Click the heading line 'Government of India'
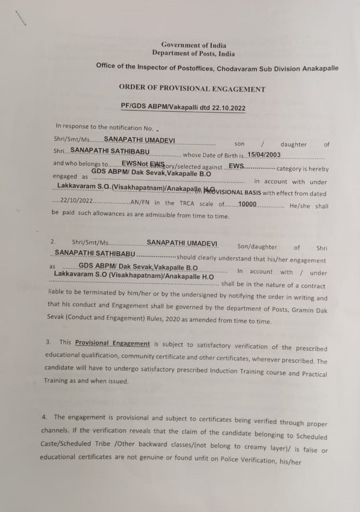coord(194,45)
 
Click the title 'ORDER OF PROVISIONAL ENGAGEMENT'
coord(192,89)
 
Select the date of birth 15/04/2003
coord(264,155)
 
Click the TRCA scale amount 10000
coord(247,204)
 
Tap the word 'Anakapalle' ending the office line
coord(320,68)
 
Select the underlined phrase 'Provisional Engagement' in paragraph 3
coord(113,343)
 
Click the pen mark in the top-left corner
coord(22,19)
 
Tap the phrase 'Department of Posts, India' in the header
coord(194,54)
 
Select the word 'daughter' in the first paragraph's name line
coord(293,144)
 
